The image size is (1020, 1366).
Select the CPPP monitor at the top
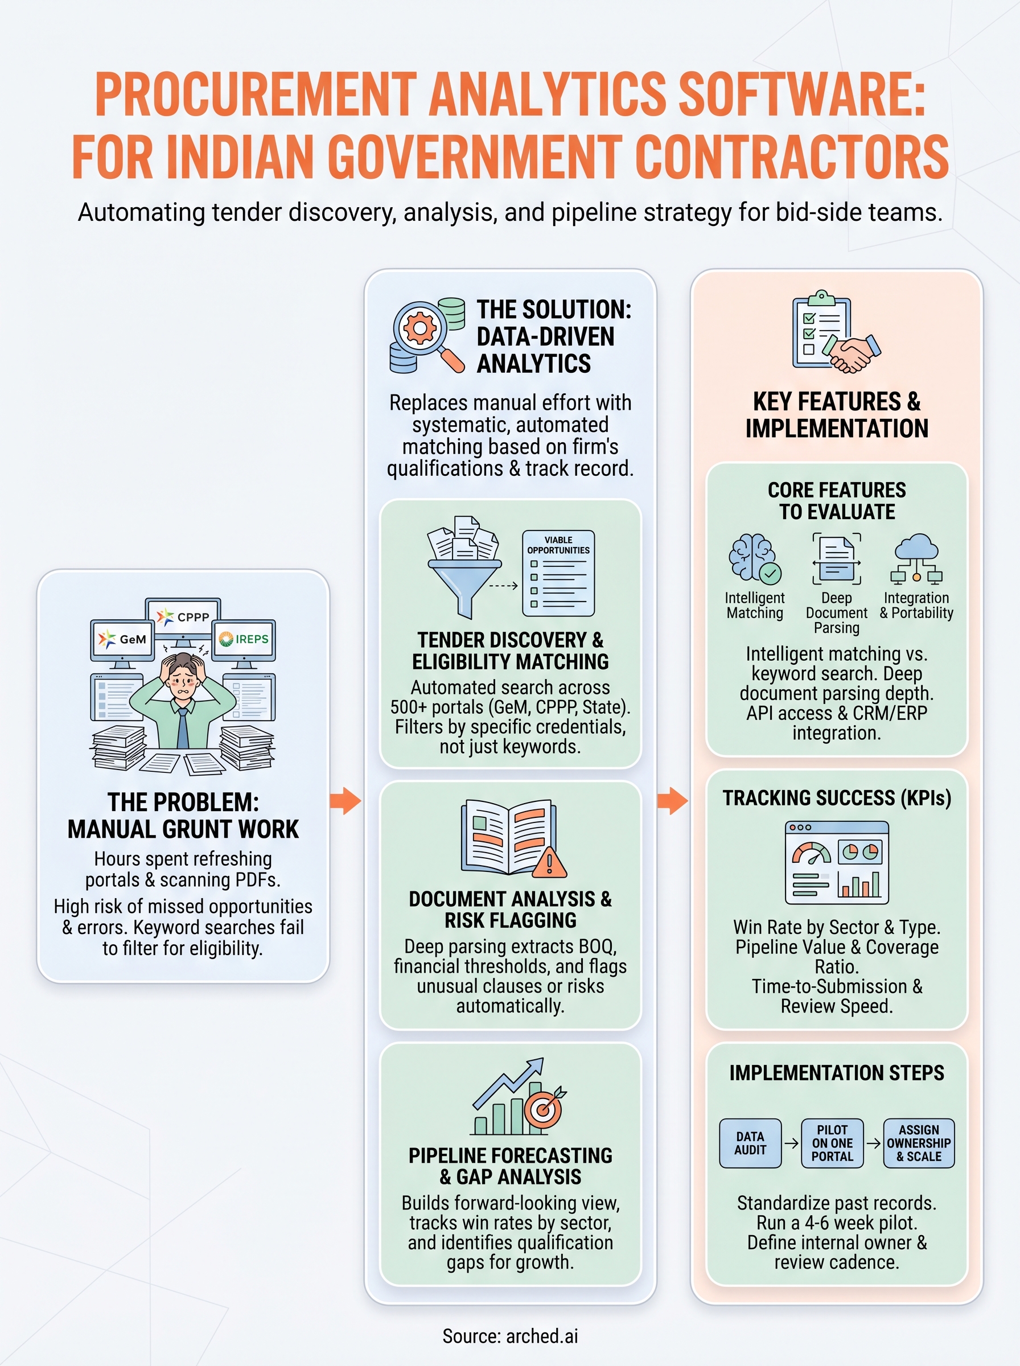[x=183, y=616]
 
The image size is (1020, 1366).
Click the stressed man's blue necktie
[x=183, y=729]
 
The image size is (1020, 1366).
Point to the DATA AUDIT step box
[x=750, y=1143]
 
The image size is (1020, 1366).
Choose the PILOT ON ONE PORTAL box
[x=832, y=1143]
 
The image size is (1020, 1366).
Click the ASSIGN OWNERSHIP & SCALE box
[x=919, y=1143]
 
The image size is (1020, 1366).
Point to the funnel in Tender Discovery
[x=464, y=583]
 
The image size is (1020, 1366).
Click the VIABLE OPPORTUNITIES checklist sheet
[x=558, y=573]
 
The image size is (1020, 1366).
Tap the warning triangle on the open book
[x=549, y=862]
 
